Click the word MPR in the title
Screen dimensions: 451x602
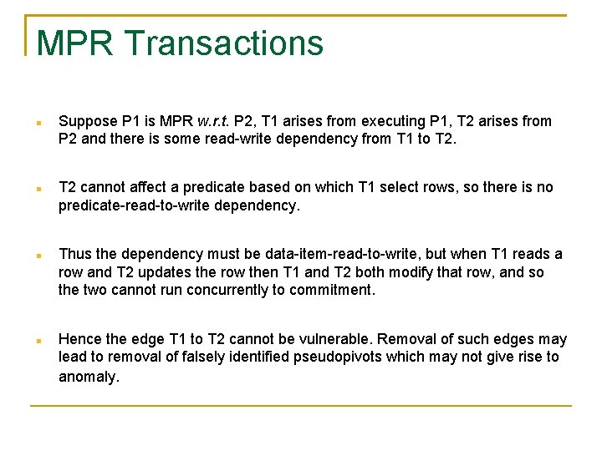coord(74,43)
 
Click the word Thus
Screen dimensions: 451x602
coord(75,254)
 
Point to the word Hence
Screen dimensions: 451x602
coord(79,339)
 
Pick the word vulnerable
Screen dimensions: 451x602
coord(341,339)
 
